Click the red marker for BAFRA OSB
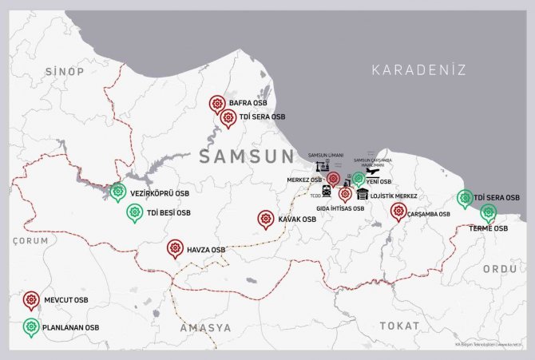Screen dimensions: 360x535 tap(216, 104)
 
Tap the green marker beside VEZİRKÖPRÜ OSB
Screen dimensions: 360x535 tap(118, 192)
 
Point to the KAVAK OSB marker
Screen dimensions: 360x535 tap(266, 218)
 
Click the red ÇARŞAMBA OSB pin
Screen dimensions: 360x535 tap(398, 211)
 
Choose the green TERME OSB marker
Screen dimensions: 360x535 tap(488, 212)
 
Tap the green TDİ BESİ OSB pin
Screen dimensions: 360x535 tap(134, 212)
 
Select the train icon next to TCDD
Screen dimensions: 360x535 tap(326, 191)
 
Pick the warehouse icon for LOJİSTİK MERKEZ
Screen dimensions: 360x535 tap(363, 194)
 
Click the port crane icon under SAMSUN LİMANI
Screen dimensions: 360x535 tap(322, 165)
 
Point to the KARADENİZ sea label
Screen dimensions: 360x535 tap(418, 69)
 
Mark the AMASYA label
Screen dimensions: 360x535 tap(205, 328)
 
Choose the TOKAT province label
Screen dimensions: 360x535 tap(398, 325)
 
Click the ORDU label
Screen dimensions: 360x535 tap(500, 269)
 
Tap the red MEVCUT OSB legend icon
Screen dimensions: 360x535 tap(31, 299)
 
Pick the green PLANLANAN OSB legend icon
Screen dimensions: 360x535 tap(31, 326)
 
